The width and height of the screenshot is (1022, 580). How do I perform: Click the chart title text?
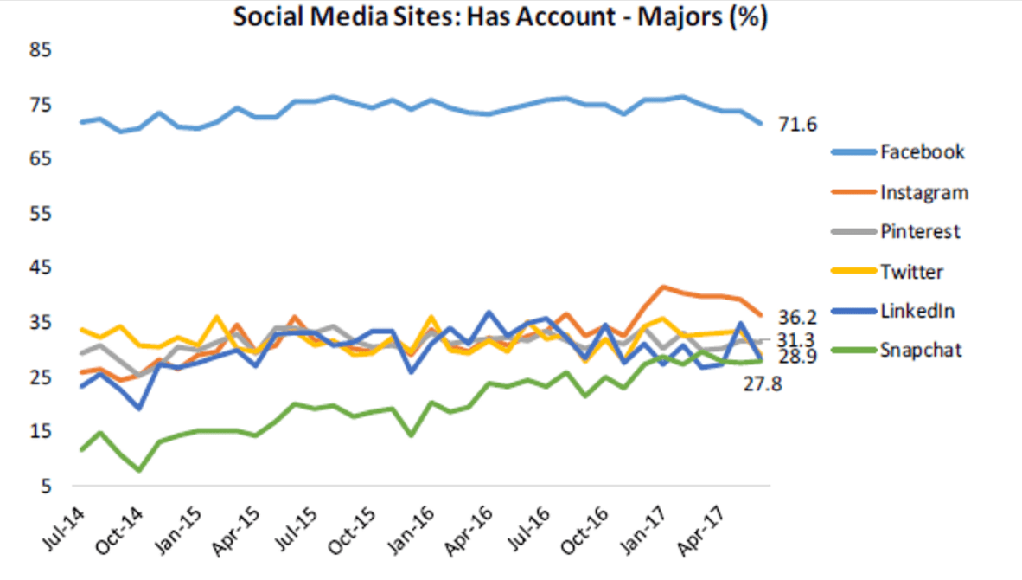coord(500,17)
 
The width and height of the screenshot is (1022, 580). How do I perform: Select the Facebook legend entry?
coord(922,152)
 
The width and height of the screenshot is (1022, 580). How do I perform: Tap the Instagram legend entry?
coord(923,192)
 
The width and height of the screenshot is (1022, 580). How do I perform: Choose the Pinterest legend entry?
coord(920,231)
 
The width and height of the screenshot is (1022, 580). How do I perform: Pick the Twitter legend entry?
coord(911,271)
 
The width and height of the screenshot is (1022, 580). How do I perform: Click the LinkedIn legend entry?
coord(917,310)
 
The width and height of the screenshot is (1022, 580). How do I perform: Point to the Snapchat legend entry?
coord(919,350)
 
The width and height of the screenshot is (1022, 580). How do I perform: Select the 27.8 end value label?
coord(762,383)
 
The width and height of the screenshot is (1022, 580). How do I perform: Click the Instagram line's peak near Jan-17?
coord(662,287)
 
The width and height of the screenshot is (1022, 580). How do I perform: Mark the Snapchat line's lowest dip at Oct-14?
coord(139,470)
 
